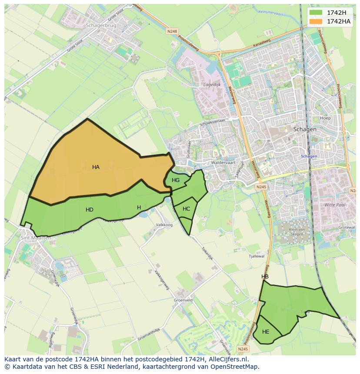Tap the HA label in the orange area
(96, 167)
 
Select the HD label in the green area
(90, 210)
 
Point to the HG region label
(176, 180)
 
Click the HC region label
(187, 209)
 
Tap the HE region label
(266, 332)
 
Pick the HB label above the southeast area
(265, 277)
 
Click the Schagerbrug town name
(101, 26)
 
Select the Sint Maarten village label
(36, 238)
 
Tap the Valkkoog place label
(164, 225)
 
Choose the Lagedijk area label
(212, 85)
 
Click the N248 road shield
(172, 31)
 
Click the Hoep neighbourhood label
(325, 118)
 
